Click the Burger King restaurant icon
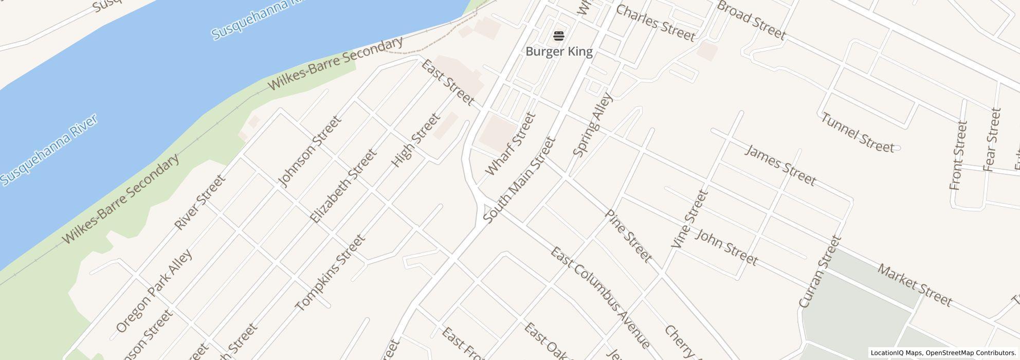click(x=559, y=36)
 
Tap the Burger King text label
click(x=559, y=51)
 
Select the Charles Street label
click(x=655, y=23)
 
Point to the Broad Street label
click(x=751, y=20)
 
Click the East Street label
click(x=447, y=82)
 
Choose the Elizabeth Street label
click(x=343, y=186)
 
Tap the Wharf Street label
click(x=511, y=144)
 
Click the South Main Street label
click(x=520, y=180)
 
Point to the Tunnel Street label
click(x=857, y=133)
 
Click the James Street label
click(x=780, y=165)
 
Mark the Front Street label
click(x=959, y=155)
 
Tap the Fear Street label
click(x=991, y=139)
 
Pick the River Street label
click(x=199, y=202)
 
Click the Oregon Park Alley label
click(x=154, y=291)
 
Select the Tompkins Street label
click(x=330, y=273)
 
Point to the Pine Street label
click(x=628, y=236)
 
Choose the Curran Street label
click(x=819, y=272)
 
